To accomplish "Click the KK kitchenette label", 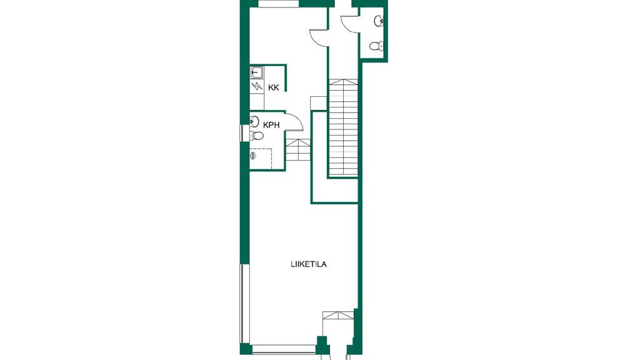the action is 274,87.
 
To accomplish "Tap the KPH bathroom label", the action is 271,125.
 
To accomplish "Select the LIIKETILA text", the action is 309,264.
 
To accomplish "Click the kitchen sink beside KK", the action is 257,72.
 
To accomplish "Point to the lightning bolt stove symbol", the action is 257,86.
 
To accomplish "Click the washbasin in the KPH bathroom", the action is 255,121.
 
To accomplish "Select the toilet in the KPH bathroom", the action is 257,135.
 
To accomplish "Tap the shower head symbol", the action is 254,155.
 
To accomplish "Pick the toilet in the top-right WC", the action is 376,46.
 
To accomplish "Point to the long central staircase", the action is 344,127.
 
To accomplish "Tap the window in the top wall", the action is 279,4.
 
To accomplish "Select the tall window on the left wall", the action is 244,304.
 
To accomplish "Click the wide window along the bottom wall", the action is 284,350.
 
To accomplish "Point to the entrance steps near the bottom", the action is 338,315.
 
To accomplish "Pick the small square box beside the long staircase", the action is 318,103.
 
